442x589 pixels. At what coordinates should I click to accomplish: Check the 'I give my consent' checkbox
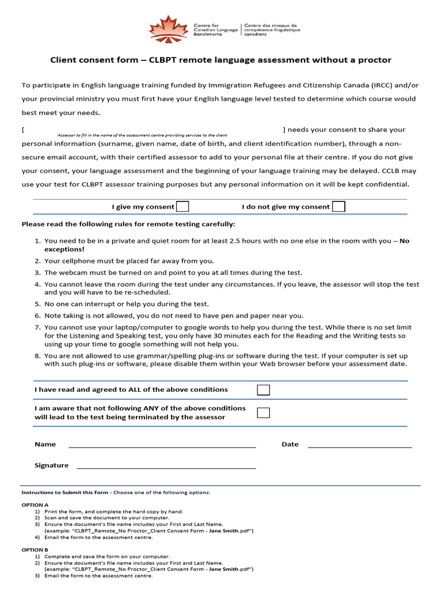[x=182, y=206]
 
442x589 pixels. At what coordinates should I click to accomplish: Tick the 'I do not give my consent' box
[x=339, y=206]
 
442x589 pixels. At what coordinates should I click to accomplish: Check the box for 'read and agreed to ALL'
[x=263, y=390]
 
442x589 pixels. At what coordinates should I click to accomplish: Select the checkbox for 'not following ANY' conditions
[x=263, y=412]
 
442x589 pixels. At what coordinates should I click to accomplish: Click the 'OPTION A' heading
[x=35, y=504]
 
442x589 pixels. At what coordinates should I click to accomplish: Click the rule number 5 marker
[x=37, y=304]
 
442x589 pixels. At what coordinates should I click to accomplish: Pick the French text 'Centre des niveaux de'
[x=270, y=25]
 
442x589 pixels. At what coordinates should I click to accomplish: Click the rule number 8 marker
[x=37, y=356]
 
